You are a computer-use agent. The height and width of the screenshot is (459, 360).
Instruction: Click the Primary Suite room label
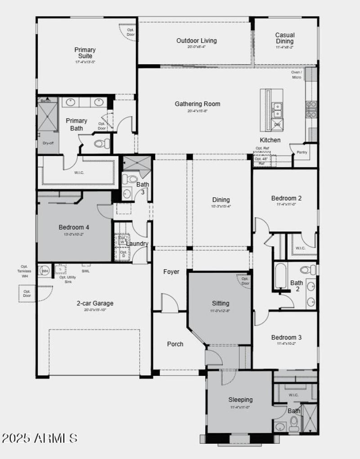tap(85, 53)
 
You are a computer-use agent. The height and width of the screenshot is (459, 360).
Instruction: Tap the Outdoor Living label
tap(196, 40)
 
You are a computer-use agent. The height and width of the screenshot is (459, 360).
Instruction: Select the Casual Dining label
tap(285, 38)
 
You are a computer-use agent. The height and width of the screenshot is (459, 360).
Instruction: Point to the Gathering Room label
tap(198, 104)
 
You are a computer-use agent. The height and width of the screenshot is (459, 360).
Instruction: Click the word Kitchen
tap(270, 140)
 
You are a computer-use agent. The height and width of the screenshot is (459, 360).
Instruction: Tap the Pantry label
tap(301, 153)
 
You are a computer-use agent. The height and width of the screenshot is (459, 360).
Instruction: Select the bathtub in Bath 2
tap(280, 276)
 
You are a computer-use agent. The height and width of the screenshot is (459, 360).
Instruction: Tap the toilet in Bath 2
tap(308, 270)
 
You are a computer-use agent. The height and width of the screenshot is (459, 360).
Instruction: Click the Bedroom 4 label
tap(74, 227)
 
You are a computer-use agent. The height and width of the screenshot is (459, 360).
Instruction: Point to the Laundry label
tap(137, 244)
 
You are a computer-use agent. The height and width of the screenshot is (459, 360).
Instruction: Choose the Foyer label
tap(171, 272)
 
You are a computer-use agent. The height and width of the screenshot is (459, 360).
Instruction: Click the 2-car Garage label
tap(94, 303)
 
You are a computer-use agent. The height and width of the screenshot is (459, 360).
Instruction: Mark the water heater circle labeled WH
tap(45, 271)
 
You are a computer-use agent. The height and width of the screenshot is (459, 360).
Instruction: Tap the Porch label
tap(175, 344)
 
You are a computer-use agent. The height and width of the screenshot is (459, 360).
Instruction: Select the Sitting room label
tap(220, 303)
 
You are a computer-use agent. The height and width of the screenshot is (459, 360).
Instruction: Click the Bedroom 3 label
tap(286, 337)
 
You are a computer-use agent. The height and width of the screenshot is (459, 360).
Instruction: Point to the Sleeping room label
tap(240, 399)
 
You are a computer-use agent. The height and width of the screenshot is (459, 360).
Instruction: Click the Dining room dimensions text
tap(220, 206)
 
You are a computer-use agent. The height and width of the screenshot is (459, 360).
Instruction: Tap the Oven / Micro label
tap(297, 75)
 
